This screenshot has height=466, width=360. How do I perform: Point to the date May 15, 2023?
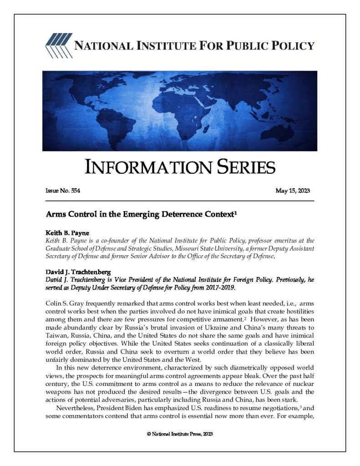293,190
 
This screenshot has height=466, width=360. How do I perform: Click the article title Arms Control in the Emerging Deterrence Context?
139,213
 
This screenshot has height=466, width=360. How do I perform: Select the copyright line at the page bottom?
180,434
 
